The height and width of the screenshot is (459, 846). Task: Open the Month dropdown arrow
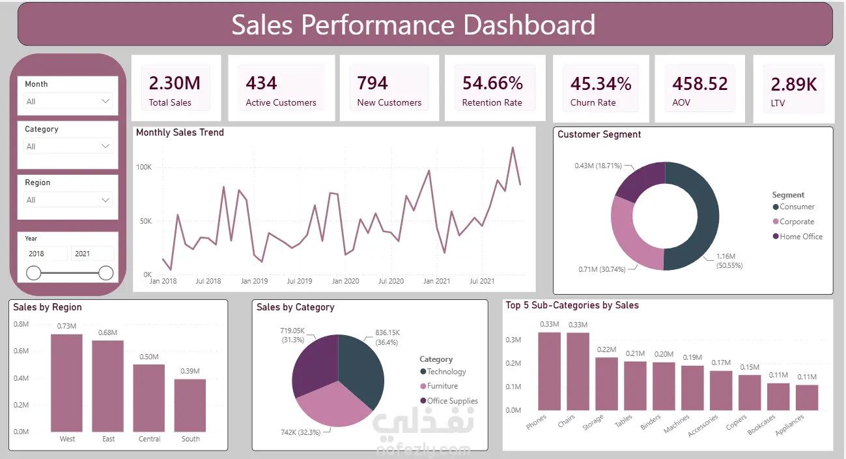pyautogui.click(x=106, y=101)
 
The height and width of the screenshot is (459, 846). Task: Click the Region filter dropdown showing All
pyautogui.click(x=68, y=200)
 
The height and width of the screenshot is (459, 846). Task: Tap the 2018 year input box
pyautogui.click(x=46, y=254)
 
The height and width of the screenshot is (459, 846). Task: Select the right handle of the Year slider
pyautogui.click(x=106, y=273)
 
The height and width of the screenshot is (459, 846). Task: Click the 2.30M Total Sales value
pyautogui.click(x=175, y=83)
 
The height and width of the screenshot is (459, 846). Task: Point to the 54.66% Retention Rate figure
pyautogui.click(x=492, y=83)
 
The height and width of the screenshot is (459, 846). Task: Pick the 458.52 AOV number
pyautogui.click(x=700, y=83)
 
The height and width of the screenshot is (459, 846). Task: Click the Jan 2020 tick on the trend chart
pyautogui.click(x=345, y=281)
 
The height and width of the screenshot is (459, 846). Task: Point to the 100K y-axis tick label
pyautogui.click(x=144, y=167)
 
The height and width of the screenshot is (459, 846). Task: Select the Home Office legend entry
pyautogui.click(x=798, y=236)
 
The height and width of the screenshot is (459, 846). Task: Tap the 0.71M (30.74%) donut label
pyautogui.click(x=602, y=269)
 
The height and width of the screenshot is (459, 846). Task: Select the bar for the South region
pyautogui.click(x=190, y=405)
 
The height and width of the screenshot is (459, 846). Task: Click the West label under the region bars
pyautogui.click(x=67, y=439)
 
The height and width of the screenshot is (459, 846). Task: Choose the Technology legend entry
pyautogui.click(x=443, y=371)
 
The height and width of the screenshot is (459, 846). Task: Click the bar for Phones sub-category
pyautogui.click(x=549, y=371)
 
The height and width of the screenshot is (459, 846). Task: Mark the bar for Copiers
pyautogui.click(x=750, y=392)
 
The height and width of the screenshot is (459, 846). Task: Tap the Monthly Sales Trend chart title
pyautogui.click(x=180, y=132)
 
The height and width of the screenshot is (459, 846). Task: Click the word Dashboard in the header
pyautogui.click(x=529, y=25)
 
